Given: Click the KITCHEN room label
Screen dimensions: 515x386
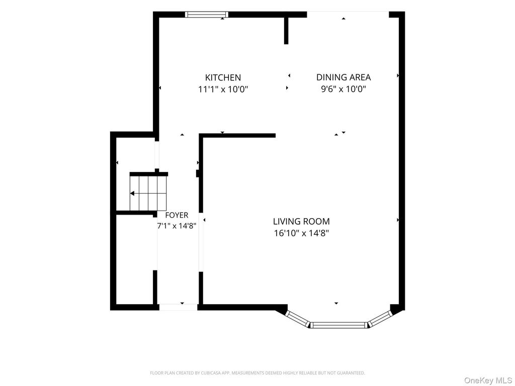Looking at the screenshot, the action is click(223, 77).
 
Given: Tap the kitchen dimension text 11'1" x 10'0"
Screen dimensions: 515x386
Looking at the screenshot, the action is click(223, 89).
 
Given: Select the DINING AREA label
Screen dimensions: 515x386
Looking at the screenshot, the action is click(344, 77).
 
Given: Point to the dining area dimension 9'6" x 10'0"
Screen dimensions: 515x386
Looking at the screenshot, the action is click(344, 89).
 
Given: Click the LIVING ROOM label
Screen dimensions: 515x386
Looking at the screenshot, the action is click(302, 221).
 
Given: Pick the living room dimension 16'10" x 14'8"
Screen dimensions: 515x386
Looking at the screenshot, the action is click(302, 233).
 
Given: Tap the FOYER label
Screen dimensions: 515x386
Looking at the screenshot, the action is click(177, 215).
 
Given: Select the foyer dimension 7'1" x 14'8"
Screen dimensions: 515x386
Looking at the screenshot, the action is click(177, 226).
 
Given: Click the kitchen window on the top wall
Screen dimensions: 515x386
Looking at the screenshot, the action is click(207, 14).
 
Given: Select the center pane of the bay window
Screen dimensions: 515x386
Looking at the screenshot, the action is click(338, 325).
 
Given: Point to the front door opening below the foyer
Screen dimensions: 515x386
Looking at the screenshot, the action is click(179, 307).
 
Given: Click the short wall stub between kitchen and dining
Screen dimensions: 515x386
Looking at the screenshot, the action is click(286, 31).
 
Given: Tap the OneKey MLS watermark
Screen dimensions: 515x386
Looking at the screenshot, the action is click(488, 380).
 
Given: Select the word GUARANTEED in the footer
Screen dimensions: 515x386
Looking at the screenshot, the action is click(353, 373).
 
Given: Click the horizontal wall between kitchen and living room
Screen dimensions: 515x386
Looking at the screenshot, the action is click(237, 135).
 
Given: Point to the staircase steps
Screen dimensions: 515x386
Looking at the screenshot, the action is click(149, 194).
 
